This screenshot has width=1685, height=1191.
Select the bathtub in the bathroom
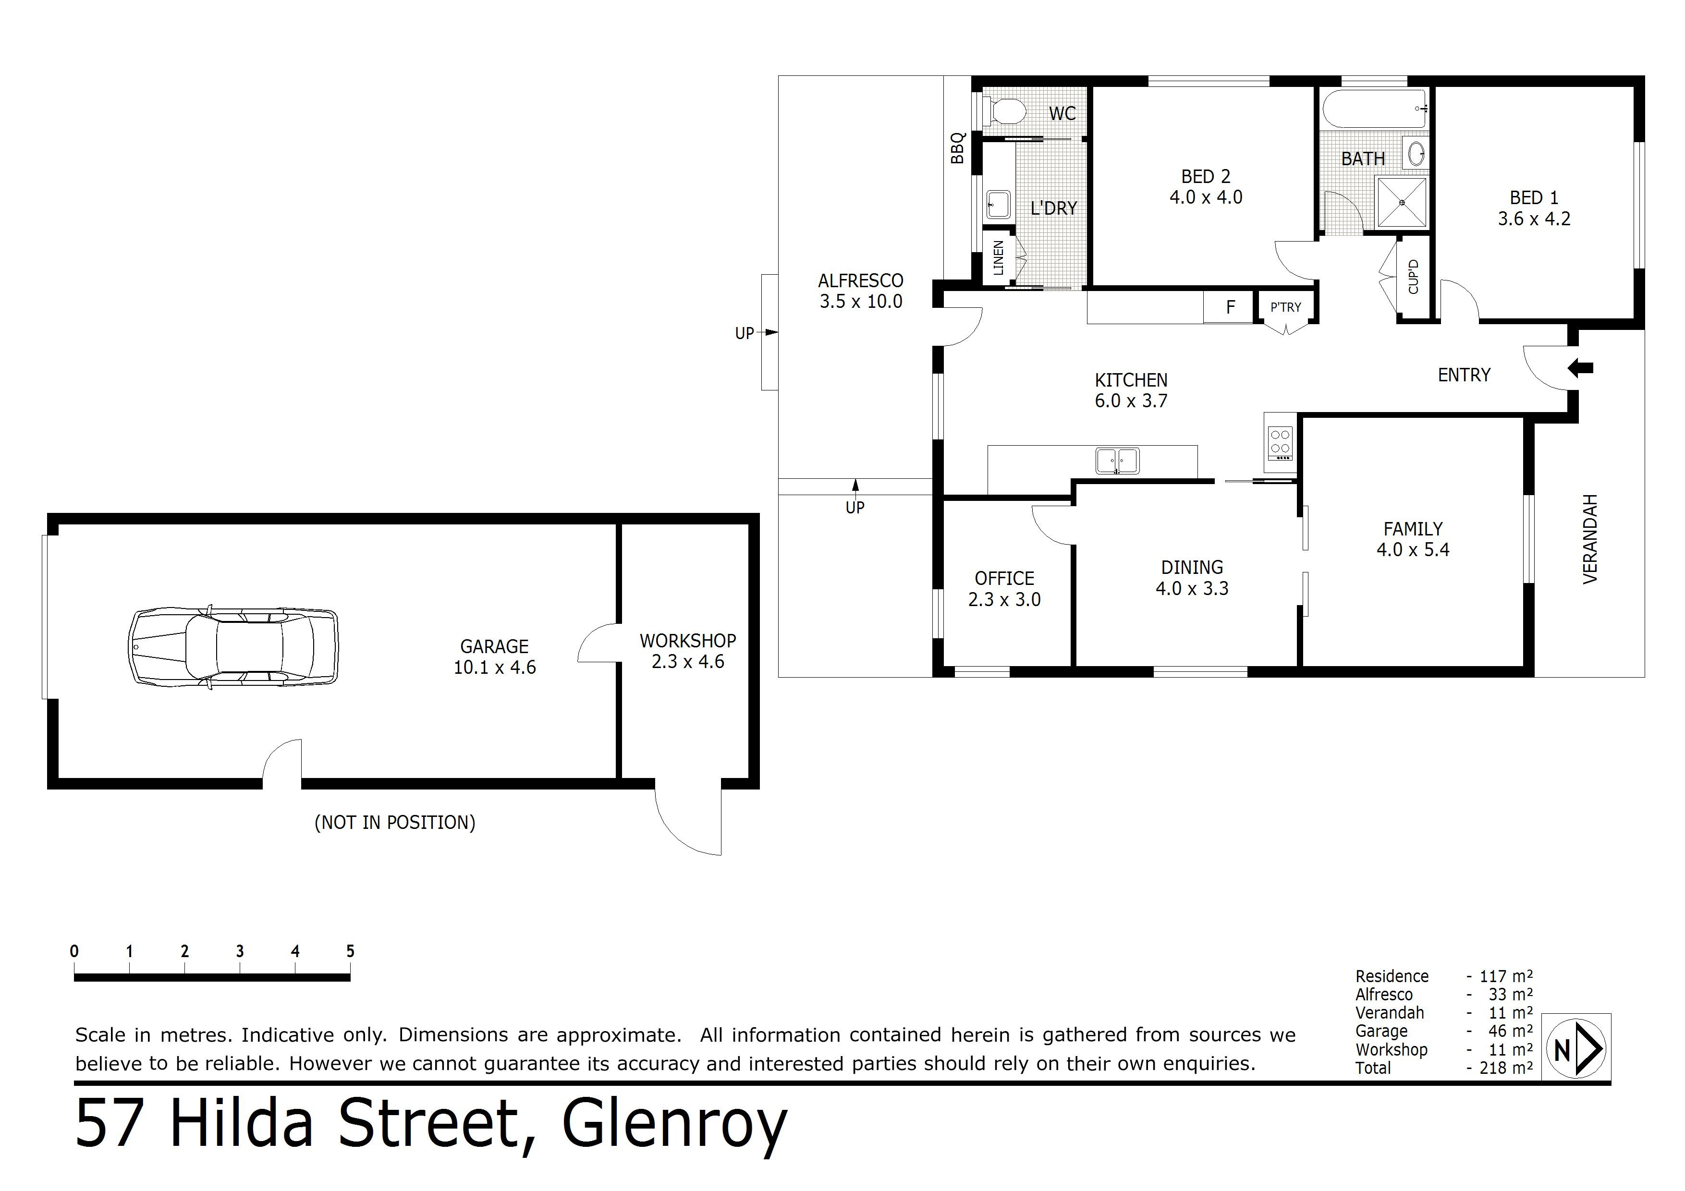pos(1375,109)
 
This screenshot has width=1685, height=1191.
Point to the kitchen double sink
pos(1117,461)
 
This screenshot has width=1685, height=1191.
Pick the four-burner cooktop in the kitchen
pos(1280,442)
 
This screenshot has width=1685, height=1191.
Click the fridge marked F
pos(1231,307)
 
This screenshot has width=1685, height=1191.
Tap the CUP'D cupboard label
pos(1414,277)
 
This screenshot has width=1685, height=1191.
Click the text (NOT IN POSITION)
pos(395,823)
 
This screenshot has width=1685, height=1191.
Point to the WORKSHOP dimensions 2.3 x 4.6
pos(688,662)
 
